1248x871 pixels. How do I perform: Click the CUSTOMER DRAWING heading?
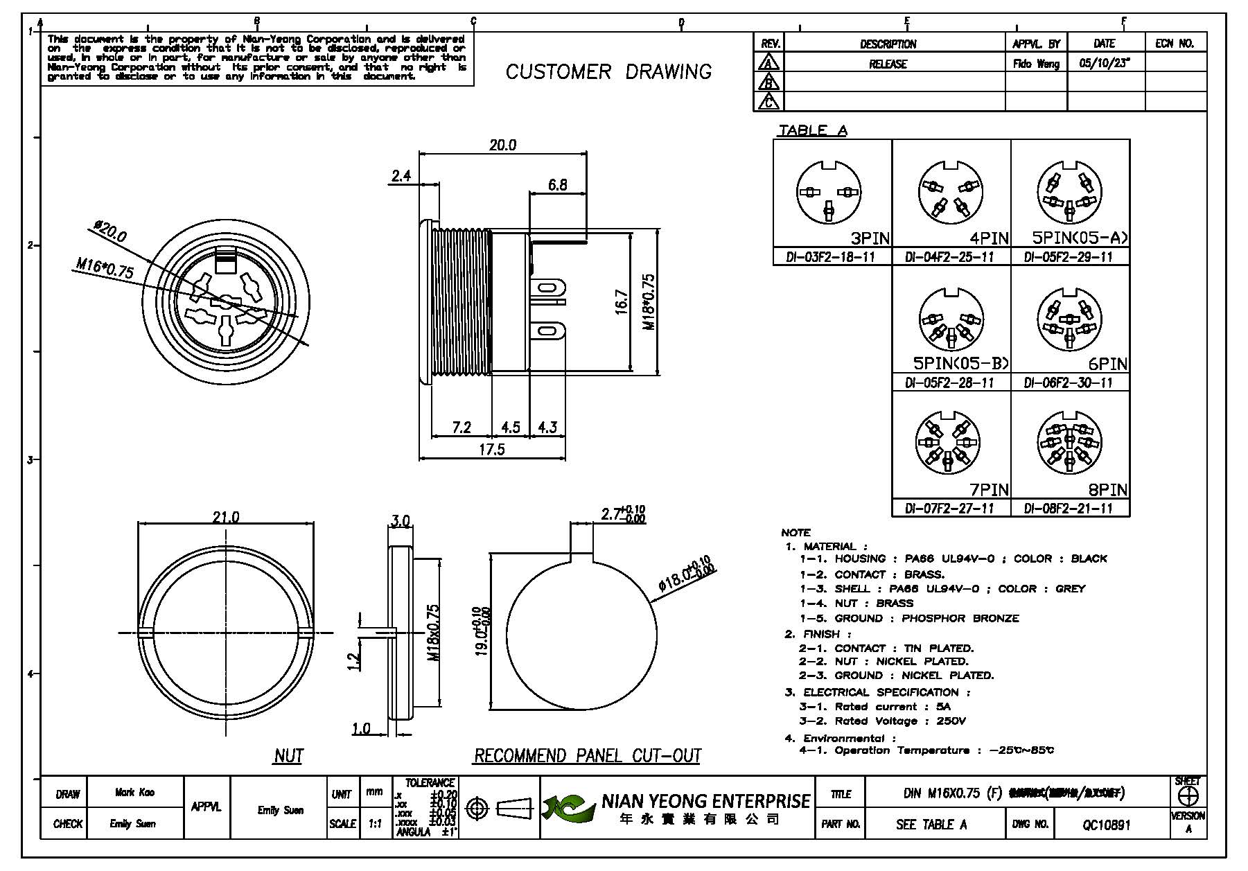pyautogui.click(x=608, y=72)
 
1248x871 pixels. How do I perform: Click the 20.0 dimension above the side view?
pyautogui.click(x=502, y=146)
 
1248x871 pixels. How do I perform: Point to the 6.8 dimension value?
pyautogui.click(x=557, y=185)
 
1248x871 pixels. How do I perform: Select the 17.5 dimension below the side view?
pyautogui.click(x=491, y=449)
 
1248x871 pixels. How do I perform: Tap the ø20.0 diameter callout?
pyautogui.click(x=111, y=231)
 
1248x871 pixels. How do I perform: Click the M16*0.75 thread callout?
pyautogui.click(x=105, y=267)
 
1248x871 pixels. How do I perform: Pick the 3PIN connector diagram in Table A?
pyautogui.click(x=829, y=193)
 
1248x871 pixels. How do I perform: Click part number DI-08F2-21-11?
pyautogui.click(x=1069, y=509)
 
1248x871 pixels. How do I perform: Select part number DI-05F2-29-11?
pyautogui.click(x=1069, y=257)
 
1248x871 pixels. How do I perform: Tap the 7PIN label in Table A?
pyautogui.click(x=989, y=490)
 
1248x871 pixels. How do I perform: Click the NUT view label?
pyautogui.click(x=288, y=755)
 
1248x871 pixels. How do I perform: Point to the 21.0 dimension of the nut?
pyautogui.click(x=226, y=518)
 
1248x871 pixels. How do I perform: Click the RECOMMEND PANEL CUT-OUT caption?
pyautogui.click(x=588, y=755)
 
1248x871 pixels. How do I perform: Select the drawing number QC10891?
pyautogui.click(x=1106, y=825)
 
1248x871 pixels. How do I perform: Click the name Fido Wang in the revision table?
pyautogui.click(x=1036, y=64)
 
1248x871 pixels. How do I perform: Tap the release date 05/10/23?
pyautogui.click(x=1105, y=64)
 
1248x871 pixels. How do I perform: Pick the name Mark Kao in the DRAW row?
pyautogui.click(x=135, y=793)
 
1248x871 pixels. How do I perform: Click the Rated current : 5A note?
pyautogui.click(x=875, y=707)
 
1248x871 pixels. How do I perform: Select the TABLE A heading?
pyautogui.click(x=812, y=131)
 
